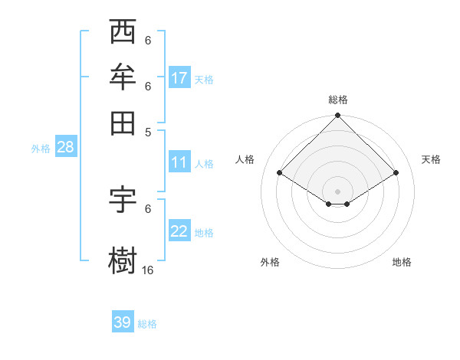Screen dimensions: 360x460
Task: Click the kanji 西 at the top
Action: click(123, 33)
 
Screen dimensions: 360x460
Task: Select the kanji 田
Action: click(123, 121)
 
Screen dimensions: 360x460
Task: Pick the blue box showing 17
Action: click(179, 78)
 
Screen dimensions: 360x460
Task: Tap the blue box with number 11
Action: click(179, 162)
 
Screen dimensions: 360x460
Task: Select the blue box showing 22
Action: click(179, 232)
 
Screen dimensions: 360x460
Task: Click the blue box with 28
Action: click(65, 147)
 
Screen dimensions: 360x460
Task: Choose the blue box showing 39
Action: click(123, 322)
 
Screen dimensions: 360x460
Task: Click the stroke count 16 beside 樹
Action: click(147, 270)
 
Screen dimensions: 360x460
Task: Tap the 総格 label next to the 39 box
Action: click(147, 324)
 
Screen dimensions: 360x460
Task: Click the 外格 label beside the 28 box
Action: click(41, 149)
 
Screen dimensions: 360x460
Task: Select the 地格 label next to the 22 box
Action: click(204, 233)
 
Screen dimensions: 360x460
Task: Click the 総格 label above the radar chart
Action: click(338, 100)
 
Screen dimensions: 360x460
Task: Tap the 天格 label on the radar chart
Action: click(431, 159)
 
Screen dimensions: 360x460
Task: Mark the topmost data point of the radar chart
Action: click(337, 116)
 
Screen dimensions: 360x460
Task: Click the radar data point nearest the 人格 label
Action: click(280, 173)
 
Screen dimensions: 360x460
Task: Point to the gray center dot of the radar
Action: click(337, 191)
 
